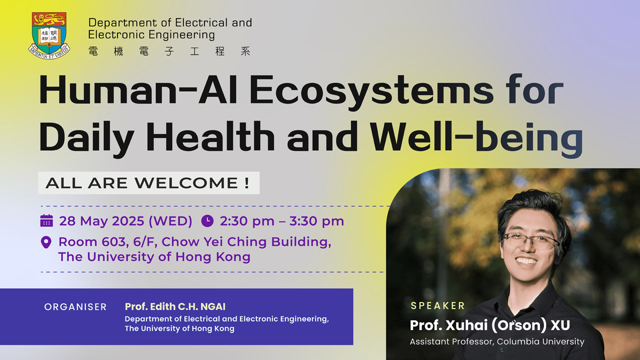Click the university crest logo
coord(49,35)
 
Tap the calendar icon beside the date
coord(46,220)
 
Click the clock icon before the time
coord(207,221)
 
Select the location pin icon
coord(46,242)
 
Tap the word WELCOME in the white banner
coord(186,183)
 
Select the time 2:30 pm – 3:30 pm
coord(281,221)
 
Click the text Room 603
coord(92,242)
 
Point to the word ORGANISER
coord(75,307)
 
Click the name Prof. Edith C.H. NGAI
coord(175,306)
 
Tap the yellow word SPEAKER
coord(438,305)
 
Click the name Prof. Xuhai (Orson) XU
coord(489,325)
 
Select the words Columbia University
coord(540,341)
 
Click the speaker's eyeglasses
coord(531,240)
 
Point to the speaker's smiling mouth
coord(526,261)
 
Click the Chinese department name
coord(169,51)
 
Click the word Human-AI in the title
coord(138,90)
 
